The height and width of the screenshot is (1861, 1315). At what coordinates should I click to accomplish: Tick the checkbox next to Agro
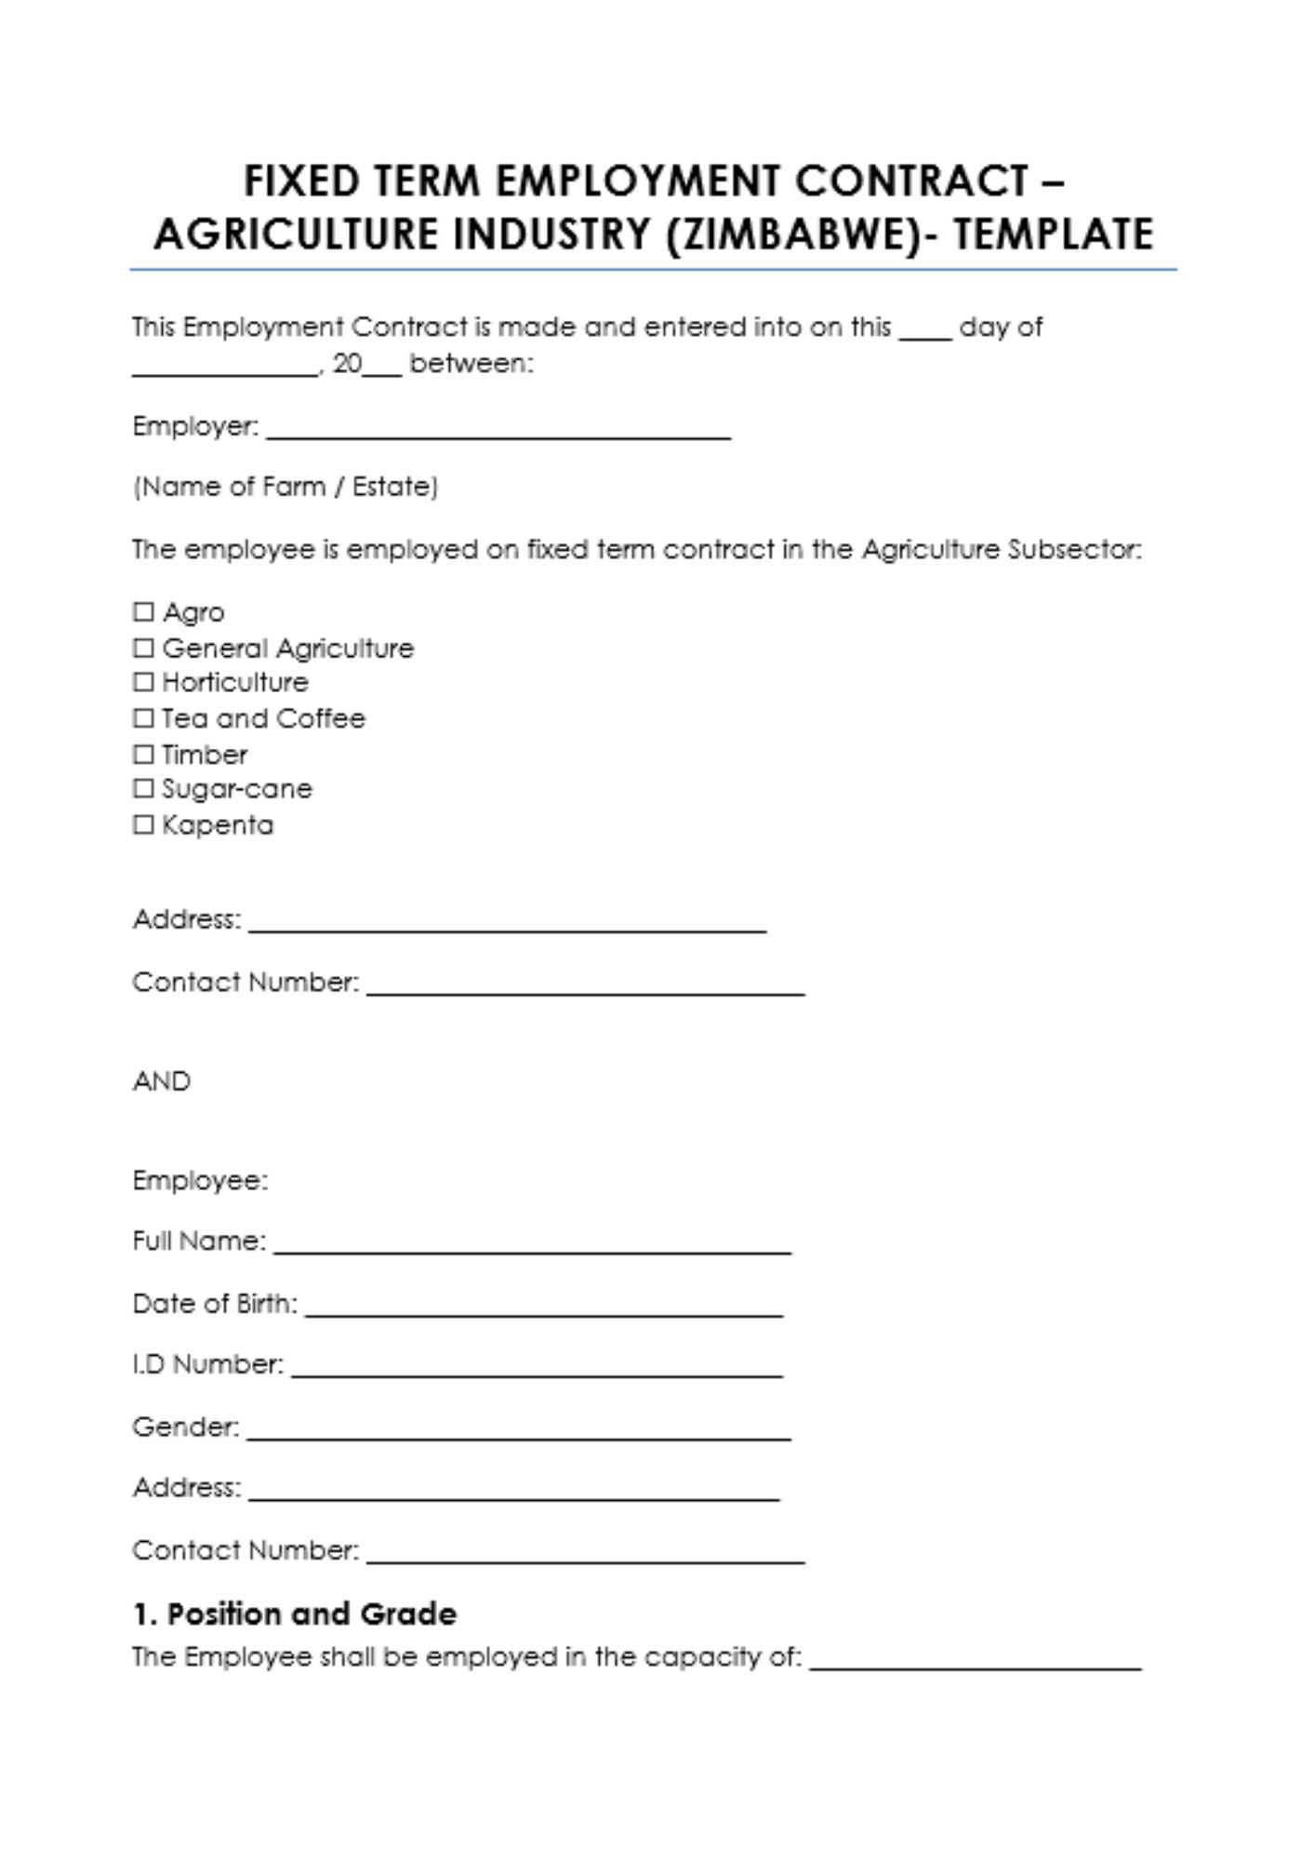pos(143,612)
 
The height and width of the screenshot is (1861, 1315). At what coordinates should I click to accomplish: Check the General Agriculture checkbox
pos(143,648)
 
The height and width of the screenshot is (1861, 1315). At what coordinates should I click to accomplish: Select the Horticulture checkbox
pos(143,682)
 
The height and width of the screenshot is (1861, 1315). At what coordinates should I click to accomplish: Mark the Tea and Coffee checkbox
pos(143,718)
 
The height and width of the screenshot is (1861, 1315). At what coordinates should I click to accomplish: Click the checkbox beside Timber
pos(143,754)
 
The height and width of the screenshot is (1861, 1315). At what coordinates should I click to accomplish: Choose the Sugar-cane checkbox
pos(143,789)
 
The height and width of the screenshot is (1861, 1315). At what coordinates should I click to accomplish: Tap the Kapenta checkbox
pos(143,824)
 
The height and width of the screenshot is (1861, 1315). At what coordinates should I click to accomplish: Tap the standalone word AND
pos(162,1081)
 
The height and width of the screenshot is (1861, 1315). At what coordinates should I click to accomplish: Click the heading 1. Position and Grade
pos(295,1613)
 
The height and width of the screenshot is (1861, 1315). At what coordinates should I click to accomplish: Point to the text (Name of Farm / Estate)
pos(286,487)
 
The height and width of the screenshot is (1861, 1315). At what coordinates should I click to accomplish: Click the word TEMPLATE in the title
pos(1053,234)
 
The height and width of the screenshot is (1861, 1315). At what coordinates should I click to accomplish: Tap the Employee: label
pos(200,1181)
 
